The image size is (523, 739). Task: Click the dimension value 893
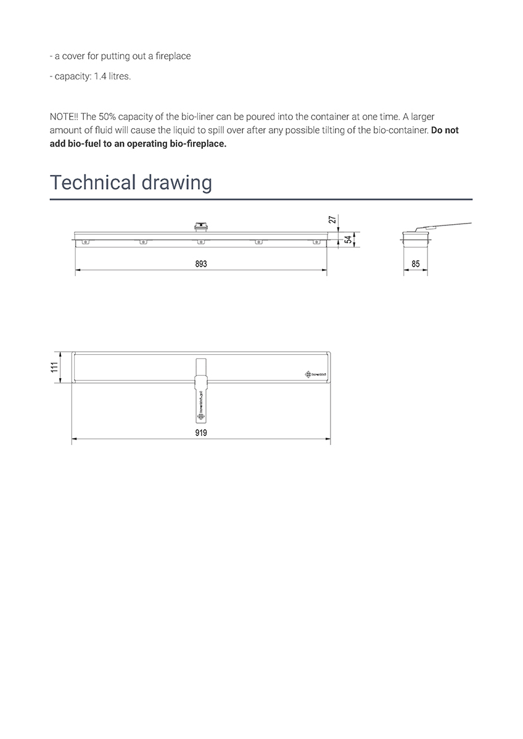point(200,264)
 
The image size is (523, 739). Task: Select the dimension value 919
point(200,432)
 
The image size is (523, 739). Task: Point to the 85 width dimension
point(415,264)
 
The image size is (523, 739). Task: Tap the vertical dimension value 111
point(55,368)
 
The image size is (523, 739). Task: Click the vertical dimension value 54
point(348,240)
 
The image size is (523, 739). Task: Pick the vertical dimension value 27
point(332,220)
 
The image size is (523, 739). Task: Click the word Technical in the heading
point(92,182)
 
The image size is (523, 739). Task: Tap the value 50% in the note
point(109,116)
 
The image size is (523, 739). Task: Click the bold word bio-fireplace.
point(194,144)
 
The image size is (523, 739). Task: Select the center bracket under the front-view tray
point(200,243)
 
